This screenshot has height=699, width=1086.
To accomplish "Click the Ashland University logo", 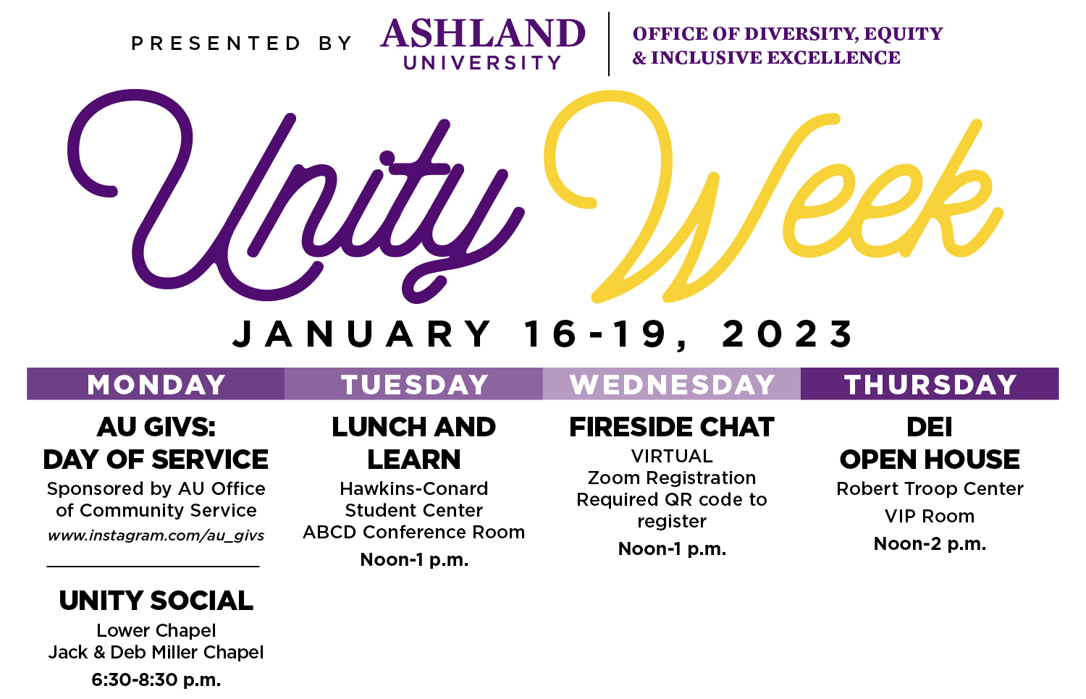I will pyautogui.click(x=483, y=44).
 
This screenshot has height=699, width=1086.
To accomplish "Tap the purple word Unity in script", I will pyautogui.click(x=290, y=203).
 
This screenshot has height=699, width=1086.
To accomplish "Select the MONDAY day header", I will pyautogui.click(x=156, y=384).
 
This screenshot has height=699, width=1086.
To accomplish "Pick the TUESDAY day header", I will pyautogui.click(x=414, y=384).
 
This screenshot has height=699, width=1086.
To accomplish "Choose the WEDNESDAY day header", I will pyautogui.click(x=672, y=384).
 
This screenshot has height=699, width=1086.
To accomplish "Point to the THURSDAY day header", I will pyautogui.click(x=930, y=384).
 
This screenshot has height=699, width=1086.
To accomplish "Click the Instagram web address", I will pyautogui.click(x=156, y=536).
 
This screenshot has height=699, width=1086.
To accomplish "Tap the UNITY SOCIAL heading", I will pyautogui.click(x=156, y=601).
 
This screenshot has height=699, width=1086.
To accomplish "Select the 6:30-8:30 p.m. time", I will pyautogui.click(x=156, y=680).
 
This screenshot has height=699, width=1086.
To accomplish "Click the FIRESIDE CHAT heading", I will pyautogui.click(x=672, y=427).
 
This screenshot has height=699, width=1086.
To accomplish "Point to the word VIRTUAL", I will pyautogui.click(x=672, y=457).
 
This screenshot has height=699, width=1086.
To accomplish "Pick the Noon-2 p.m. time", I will pyautogui.click(x=930, y=544).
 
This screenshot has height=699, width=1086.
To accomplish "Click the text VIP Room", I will pyautogui.click(x=930, y=517).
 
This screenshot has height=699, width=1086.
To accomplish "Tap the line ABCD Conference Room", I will pyautogui.click(x=414, y=533).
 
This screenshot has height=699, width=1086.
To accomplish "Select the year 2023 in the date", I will pyautogui.click(x=789, y=334).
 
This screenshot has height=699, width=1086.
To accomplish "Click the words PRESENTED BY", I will pyautogui.click(x=241, y=44).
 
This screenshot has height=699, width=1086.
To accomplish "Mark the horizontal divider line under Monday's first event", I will pyautogui.click(x=153, y=566).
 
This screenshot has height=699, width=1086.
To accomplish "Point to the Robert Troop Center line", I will pyautogui.click(x=930, y=489).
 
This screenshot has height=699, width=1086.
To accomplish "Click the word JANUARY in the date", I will pyautogui.click(x=362, y=334).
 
